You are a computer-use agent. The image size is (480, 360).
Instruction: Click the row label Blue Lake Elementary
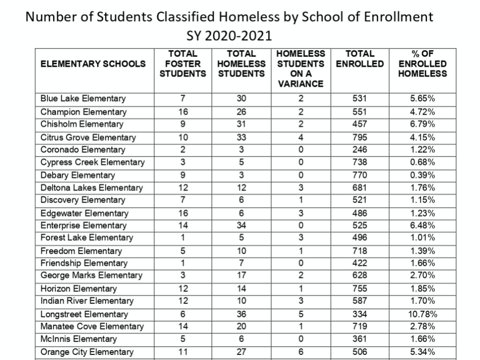click(x=83, y=99)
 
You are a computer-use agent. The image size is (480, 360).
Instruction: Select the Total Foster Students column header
click(x=183, y=64)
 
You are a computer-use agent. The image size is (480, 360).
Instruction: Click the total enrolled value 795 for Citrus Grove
click(x=360, y=137)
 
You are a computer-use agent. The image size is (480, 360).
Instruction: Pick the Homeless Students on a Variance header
click(x=301, y=69)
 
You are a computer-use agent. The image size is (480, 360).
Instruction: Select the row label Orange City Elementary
click(x=87, y=352)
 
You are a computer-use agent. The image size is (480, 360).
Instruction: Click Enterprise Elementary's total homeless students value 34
click(x=241, y=225)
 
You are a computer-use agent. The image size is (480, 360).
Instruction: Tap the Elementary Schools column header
click(x=93, y=64)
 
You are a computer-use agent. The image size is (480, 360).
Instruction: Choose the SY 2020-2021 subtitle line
click(x=229, y=36)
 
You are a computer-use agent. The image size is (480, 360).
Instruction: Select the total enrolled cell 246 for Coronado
click(x=360, y=150)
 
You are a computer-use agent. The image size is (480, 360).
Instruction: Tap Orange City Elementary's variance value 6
click(x=301, y=352)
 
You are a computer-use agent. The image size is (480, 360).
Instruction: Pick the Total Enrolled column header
click(x=360, y=59)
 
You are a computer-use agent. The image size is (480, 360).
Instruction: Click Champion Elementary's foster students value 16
click(x=183, y=112)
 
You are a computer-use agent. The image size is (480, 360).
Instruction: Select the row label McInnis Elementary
click(x=79, y=339)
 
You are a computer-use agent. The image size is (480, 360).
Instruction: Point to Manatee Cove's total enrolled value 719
click(x=360, y=326)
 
